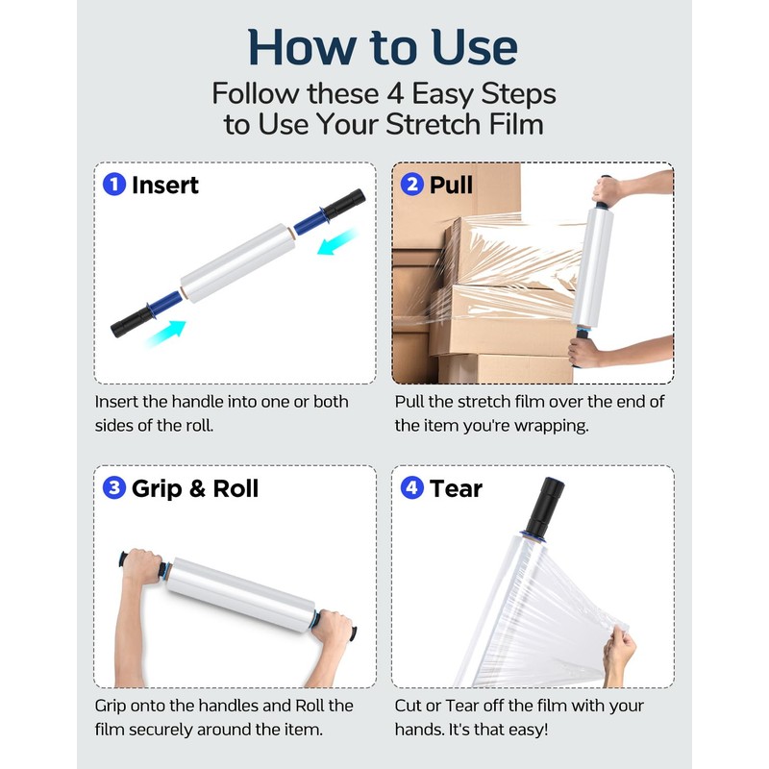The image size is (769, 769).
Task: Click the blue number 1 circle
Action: click(x=114, y=185)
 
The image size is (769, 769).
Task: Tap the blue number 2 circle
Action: click(x=412, y=185)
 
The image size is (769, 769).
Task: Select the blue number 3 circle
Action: click(x=114, y=488)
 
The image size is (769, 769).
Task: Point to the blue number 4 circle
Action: click(x=412, y=488)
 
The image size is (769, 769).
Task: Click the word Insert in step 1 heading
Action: click(x=165, y=185)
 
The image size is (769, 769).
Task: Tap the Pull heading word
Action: click(x=451, y=185)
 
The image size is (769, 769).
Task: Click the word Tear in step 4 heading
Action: click(x=456, y=488)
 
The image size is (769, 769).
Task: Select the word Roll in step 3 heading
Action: click(x=236, y=488)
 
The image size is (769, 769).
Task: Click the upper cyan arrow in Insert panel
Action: click(x=337, y=241)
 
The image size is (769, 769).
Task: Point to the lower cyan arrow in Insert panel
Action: click(x=165, y=334)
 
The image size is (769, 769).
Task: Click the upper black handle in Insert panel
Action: click(x=344, y=204)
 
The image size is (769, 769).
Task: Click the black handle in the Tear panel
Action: click(x=545, y=508)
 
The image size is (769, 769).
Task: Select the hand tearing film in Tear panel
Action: click(x=619, y=652)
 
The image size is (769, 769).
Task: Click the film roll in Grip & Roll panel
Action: click(x=240, y=594)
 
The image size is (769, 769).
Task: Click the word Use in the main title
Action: click(x=474, y=47)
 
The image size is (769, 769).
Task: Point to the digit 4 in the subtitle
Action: click(x=395, y=93)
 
